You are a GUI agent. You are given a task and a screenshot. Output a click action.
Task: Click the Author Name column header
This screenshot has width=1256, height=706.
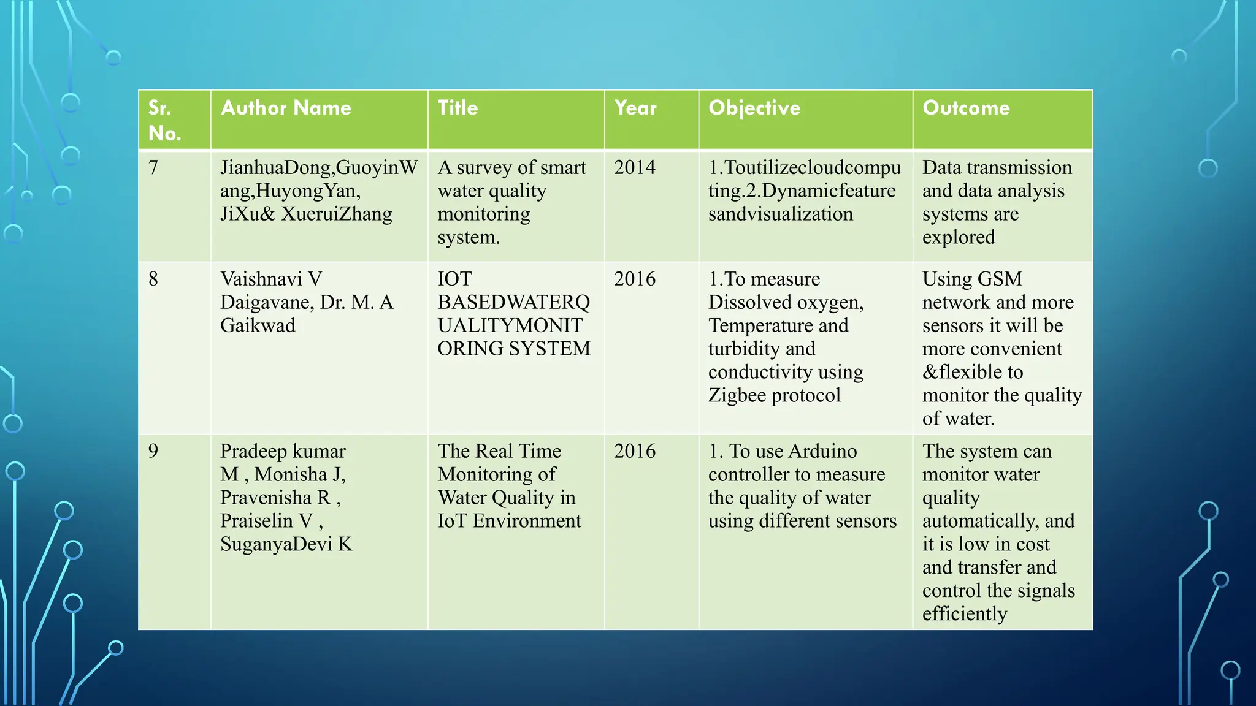(286, 108)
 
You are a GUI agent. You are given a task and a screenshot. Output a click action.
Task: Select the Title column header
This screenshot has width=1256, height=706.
(458, 108)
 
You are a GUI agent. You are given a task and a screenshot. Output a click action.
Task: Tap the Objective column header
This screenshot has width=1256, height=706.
(754, 108)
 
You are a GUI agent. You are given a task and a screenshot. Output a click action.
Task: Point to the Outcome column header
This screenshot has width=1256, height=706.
(966, 108)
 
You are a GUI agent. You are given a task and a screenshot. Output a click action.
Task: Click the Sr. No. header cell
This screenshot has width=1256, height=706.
(164, 120)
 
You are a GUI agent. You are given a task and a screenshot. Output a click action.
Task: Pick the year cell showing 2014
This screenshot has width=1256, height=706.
(635, 167)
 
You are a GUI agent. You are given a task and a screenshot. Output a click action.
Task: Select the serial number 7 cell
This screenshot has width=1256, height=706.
(153, 167)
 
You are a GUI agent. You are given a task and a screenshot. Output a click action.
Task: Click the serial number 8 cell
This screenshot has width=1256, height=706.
(153, 279)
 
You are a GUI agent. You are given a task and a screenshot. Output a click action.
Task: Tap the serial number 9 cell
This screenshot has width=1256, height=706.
(153, 451)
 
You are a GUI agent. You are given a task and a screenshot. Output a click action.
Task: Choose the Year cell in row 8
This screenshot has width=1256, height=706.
(635, 279)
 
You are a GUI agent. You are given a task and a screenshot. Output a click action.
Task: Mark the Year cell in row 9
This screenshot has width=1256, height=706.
(635, 451)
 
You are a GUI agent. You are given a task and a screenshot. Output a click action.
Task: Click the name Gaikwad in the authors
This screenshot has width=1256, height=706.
(258, 325)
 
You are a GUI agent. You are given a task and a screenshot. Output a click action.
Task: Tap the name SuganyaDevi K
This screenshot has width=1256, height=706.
(286, 544)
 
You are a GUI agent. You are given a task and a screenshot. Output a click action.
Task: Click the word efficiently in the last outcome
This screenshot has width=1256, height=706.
(965, 613)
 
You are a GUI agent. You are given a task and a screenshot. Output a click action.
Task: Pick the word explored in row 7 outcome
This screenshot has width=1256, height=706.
(959, 237)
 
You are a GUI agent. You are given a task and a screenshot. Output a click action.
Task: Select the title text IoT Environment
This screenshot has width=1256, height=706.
(509, 521)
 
